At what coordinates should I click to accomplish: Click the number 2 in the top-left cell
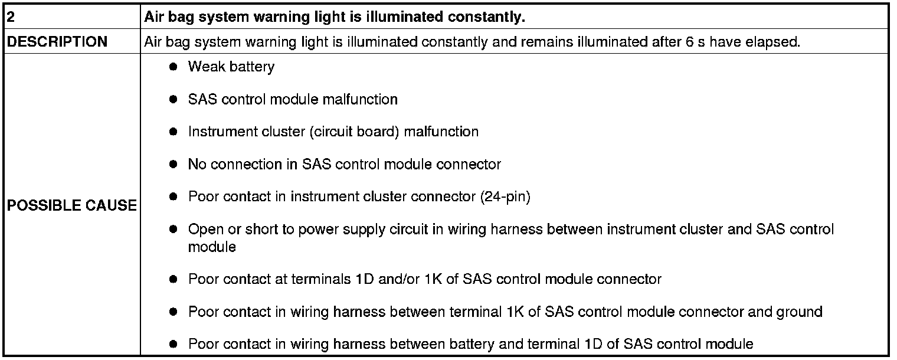pos(11,17)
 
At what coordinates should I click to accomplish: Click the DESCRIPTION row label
pos(57,42)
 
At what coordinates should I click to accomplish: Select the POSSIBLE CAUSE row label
pos(71,205)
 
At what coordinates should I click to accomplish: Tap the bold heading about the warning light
pos(335,17)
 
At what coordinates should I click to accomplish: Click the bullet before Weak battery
pos(173,67)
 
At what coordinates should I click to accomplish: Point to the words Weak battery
pos(231,67)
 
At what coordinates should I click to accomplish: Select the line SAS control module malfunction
pos(293,99)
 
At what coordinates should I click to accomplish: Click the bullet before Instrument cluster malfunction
pos(173,132)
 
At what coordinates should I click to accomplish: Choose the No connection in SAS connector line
pos(344,164)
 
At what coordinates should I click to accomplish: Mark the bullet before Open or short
pos(173,229)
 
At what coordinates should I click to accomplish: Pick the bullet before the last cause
pos(173,344)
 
